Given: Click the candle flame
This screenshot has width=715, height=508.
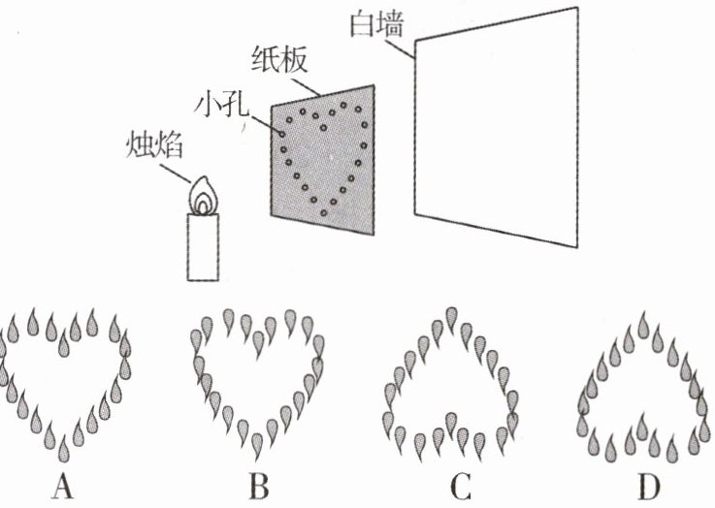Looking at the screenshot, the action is click(x=204, y=195).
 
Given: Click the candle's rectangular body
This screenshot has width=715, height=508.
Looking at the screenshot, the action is click(x=203, y=246).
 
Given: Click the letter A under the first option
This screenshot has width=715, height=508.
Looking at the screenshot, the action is click(x=64, y=486).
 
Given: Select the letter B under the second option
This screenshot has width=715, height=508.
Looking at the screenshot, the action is click(x=257, y=486).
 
